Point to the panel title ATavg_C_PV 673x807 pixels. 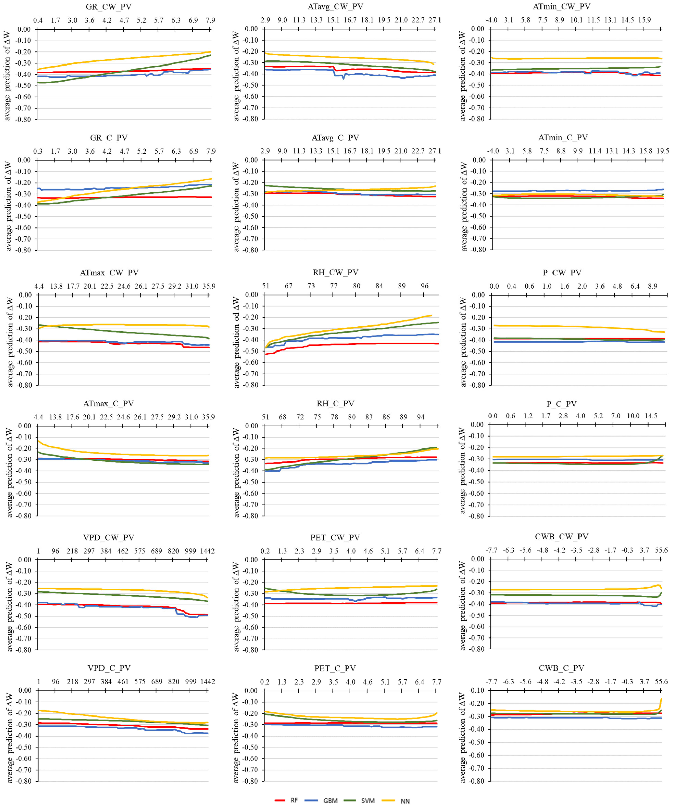click(x=335, y=138)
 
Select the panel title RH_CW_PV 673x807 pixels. click(x=335, y=272)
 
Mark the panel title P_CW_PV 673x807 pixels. click(x=562, y=272)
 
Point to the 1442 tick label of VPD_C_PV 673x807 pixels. click(x=207, y=682)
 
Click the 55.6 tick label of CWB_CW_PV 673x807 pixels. click(x=661, y=550)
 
